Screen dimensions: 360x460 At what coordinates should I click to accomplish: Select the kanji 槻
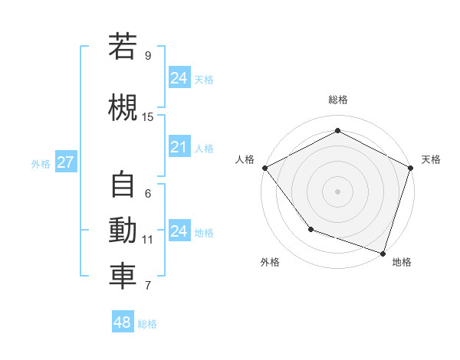coord(123,106)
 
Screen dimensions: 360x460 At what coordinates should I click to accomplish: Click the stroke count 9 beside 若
coord(147,56)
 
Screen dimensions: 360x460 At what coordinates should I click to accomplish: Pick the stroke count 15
coord(148,117)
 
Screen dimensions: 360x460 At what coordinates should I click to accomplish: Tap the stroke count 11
coord(148,240)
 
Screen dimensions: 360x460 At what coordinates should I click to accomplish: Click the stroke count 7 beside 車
coord(147,286)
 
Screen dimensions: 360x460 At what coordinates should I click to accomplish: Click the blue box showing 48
coord(122,322)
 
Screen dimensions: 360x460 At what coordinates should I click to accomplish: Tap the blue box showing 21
coord(179,147)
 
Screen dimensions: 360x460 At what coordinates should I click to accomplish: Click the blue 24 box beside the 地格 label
coord(179,231)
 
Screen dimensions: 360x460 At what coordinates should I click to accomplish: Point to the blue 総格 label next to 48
coord(147,324)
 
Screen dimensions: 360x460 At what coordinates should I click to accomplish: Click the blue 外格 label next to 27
coord(41,163)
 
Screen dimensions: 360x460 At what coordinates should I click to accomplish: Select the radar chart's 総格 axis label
coord(337,100)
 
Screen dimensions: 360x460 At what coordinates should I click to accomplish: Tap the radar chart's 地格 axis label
coord(402,262)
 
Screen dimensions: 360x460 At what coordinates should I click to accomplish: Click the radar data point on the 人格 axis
coord(264,168)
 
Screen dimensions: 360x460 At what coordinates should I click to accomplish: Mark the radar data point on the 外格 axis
coord(310,229)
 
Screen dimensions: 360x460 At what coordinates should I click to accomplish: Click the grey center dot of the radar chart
coord(337,191)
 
